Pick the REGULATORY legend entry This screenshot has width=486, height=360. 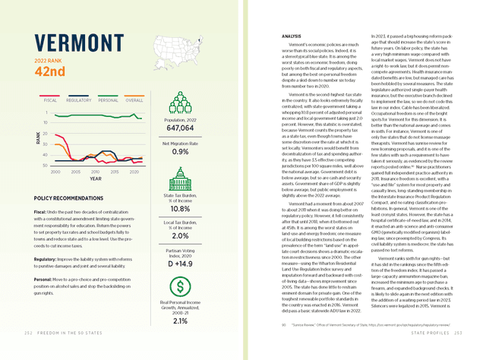(80, 99)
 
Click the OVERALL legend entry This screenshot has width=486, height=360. (134, 99)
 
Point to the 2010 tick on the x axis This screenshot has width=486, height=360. (94, 172)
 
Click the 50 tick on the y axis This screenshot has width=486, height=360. (47, 165)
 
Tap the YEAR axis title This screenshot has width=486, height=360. (94, 179)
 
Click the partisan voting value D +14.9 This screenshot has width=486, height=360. (181, 264)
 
